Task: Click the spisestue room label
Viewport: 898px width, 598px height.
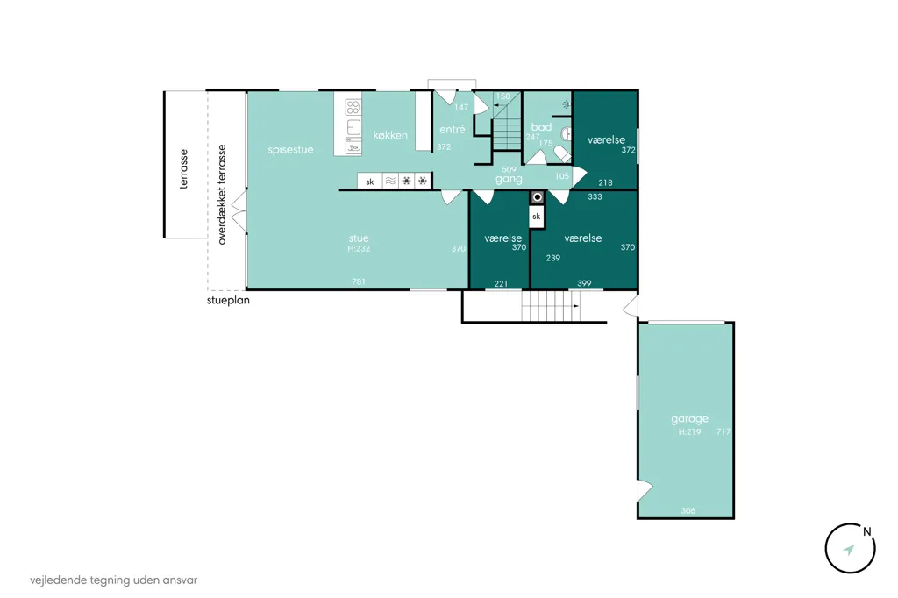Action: pyautogui.click(x=290, y=150)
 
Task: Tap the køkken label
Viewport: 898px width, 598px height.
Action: pyautogui.click(x=390, y=135)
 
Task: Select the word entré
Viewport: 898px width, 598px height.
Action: pyautogui.click(x=453, y=130)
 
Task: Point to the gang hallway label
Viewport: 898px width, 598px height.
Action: pyautogui.click(x=509, y=179)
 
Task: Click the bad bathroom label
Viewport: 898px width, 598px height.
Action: pyautogui.click(x=541, y=126)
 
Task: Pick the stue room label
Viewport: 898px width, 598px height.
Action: pyautogui.click(x=359, y=238)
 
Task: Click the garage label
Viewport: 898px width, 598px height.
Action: pyautogui.click(x=689, y=419)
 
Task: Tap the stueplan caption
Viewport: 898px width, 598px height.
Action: pyautogui.click(x=228, y=300)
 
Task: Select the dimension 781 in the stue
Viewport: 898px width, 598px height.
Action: pyautogui.click(x=359, y=281)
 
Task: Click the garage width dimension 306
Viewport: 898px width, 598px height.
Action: pyautogui.click(x=688, y=511)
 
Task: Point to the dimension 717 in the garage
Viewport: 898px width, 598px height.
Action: pyautogui.click(x=723, y=431)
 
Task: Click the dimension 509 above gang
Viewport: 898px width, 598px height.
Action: pyautogui.click(x=509, y=169)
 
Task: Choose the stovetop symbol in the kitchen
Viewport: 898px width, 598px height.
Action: pyautogui.click(x=353, y=107)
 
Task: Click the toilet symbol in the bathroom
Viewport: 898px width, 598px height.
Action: pyautogui.click(x=562, y=153)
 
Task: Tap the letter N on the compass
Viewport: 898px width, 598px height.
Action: pyautogui.click(x=867, y=531)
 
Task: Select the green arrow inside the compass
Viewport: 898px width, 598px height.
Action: pyautogui.click(x=849, y=550)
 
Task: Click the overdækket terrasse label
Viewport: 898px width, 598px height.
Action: pyautogui.click(x=222, y=195)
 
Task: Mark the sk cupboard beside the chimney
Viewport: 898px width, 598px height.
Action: pyautogui.click(x=537, y=217)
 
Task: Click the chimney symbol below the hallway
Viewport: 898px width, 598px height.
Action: pyautogui.click(x=538, y=197)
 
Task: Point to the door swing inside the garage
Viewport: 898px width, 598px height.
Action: pyautogui.click(x=645, y=490)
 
